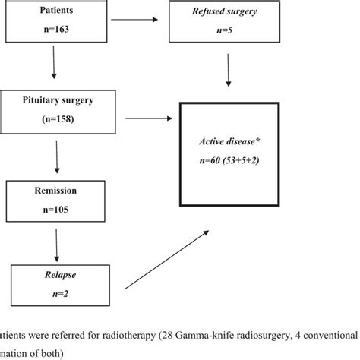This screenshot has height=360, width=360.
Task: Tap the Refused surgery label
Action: pyautogui.click(x=227, y=11)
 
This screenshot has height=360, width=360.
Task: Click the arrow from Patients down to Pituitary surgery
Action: pyautogui.click(x=54, y=65)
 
